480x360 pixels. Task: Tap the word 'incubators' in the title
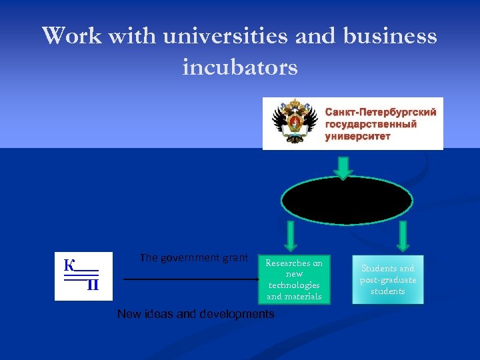point(240,67)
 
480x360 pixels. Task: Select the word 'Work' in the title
point(71,36)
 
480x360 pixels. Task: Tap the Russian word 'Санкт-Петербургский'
point(381,112)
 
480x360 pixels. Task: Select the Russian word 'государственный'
point(371,124)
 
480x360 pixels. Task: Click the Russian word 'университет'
point(357,136)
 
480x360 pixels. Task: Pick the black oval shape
point(347,199)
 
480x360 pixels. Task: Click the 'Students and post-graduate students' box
point(388,279)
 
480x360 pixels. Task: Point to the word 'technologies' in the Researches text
point(294,285)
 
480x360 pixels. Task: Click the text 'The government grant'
point(194,258)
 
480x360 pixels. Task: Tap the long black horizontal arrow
point(190,279)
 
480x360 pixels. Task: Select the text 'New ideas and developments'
point(195,314)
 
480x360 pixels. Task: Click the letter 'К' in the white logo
point(69,265)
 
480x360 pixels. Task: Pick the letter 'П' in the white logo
point(93,285)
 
